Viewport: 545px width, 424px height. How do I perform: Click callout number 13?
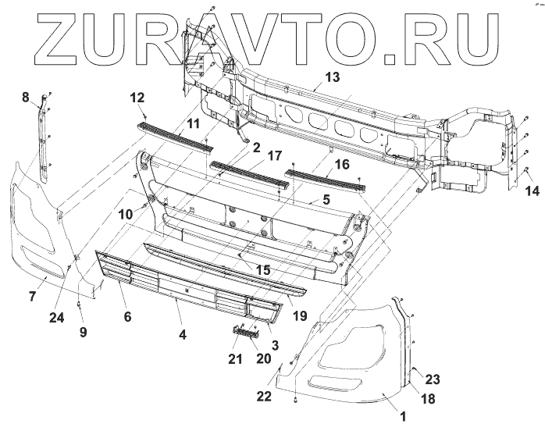click(333, 77)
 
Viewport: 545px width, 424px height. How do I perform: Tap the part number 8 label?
click(26, 97)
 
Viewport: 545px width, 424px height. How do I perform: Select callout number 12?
click(137, 98)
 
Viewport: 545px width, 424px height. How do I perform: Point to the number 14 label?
click(532, 191)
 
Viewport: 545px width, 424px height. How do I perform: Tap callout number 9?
click(83, 331)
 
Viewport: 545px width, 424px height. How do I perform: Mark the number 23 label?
click(433, 379)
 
